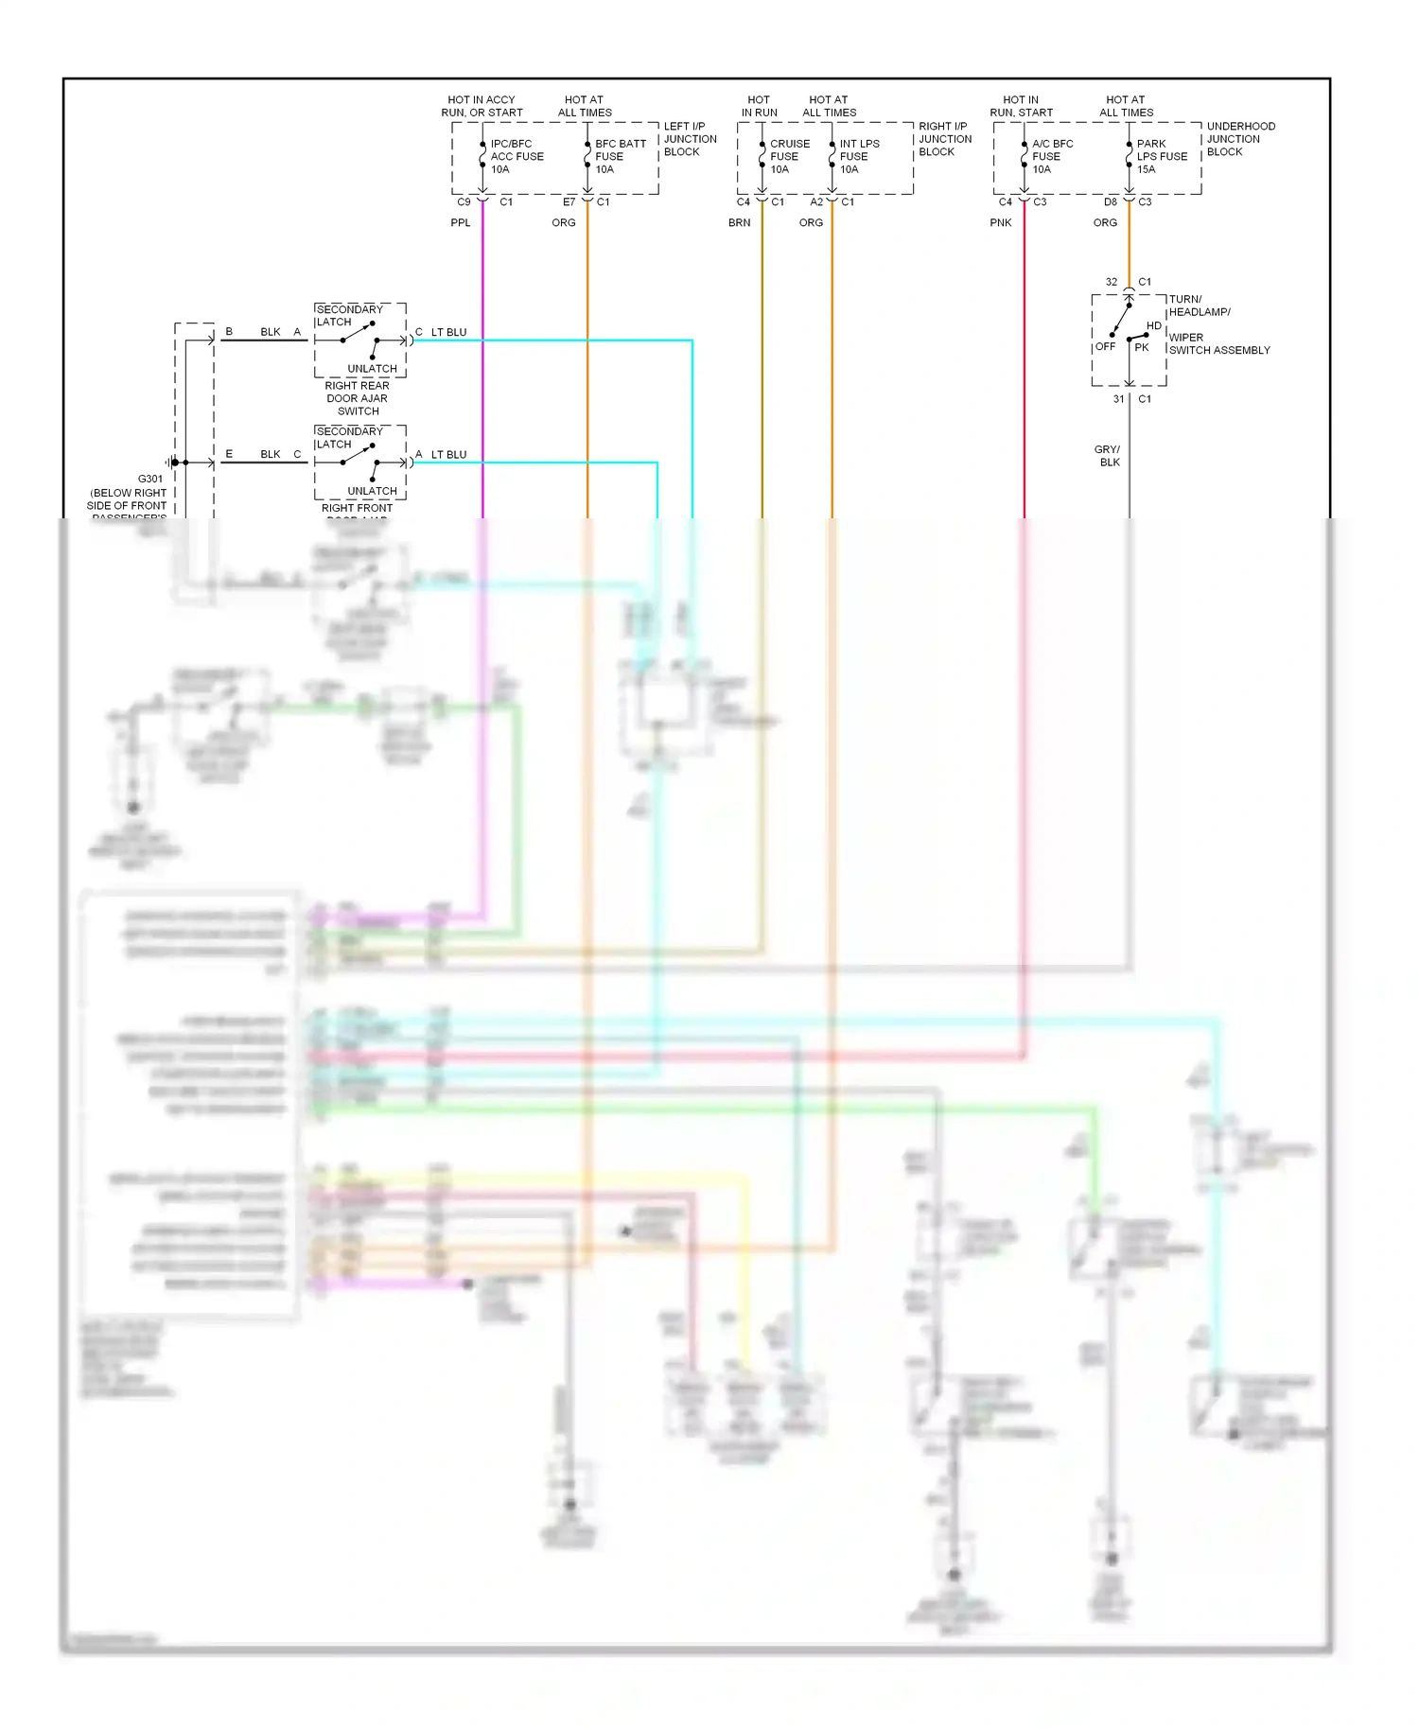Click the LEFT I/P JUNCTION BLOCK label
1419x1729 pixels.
[x=690, y=139]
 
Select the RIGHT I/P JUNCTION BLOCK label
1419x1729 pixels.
[x=944, y=139]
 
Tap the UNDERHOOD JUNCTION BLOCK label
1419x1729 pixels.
[x=1240, y=139]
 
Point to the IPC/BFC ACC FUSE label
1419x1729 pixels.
[x=517, y=156]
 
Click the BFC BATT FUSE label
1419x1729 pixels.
[x=620, y=156]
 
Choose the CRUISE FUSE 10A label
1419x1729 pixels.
[x=789, y=156]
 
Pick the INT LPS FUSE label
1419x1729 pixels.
[x=859, y=156]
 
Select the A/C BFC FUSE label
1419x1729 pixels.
[x=1052, y=156]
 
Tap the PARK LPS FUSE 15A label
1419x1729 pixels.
[x=1161, y=156]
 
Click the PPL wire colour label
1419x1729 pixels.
[x=461, y=223]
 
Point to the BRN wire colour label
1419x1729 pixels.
[x=740, y=223]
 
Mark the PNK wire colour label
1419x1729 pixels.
[x=1001, y=223]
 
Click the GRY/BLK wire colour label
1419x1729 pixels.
[x=1108, y=456]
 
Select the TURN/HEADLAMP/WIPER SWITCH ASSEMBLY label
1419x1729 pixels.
[x=1218, y=324]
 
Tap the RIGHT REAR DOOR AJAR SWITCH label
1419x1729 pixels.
[x=358, y=398]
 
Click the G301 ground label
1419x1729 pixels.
[x=150, y=480]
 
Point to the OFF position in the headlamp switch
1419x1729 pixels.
[x=1105, y=347]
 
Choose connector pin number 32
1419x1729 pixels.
[x=1112, y=282]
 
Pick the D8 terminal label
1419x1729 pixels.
[x=1111, y=202]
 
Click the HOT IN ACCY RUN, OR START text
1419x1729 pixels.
[x=482, y=106]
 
